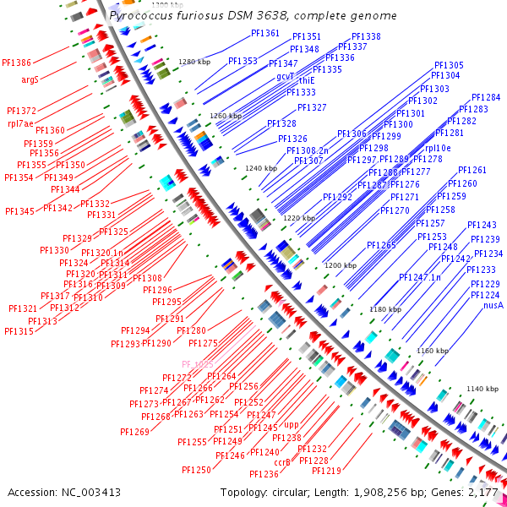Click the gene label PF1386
18,63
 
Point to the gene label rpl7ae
21,123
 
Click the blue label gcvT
285,75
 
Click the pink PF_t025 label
197,364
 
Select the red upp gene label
292,425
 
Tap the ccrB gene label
282,462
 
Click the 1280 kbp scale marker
194,62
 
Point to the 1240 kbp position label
260,168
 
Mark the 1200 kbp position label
340,265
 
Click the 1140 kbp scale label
482,389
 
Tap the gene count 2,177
482,492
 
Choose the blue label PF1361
265,33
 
